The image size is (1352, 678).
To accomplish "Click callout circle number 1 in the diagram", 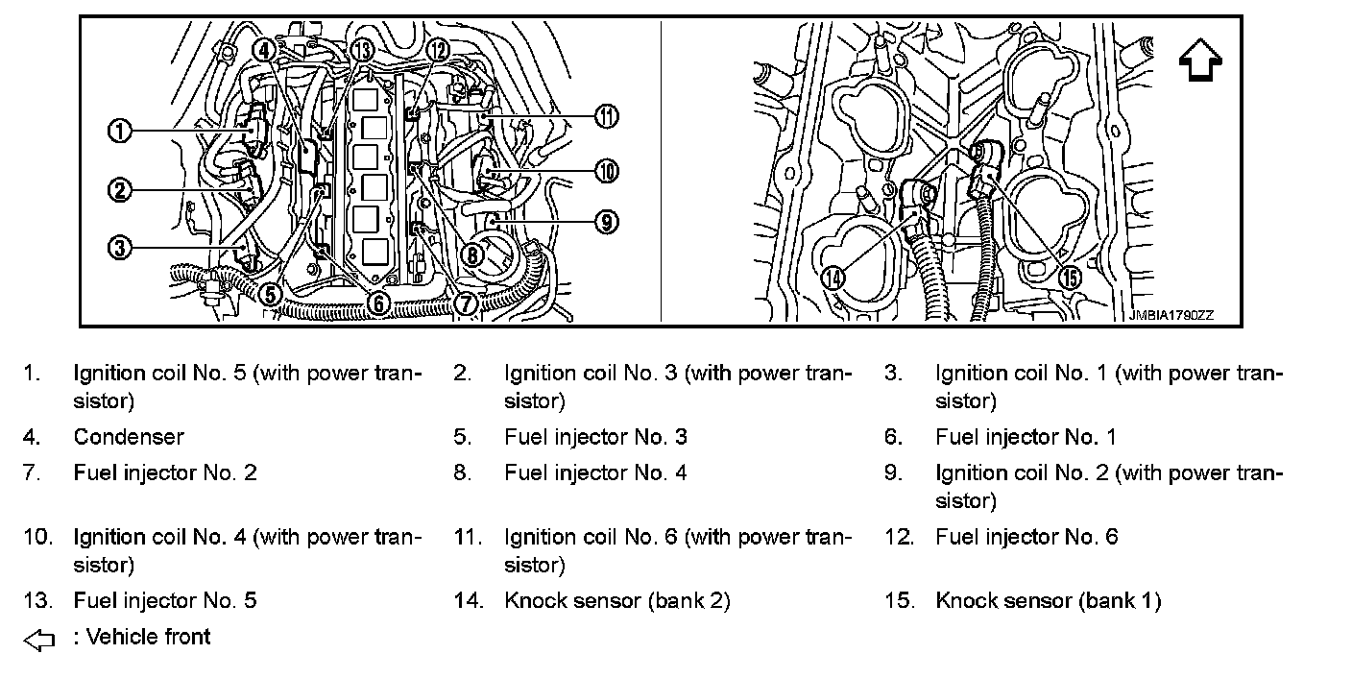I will click(x=119, y=131).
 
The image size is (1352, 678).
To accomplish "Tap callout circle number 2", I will click(x=119, y=190).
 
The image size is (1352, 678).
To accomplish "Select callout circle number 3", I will click(x=119, y=248).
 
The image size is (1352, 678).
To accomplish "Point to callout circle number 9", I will click(x=605, y=222).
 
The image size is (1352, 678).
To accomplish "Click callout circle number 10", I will click(x=606, y=172).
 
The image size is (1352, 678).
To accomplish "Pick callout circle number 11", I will click(x=606, y=117).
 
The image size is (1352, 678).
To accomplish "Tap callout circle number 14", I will click(x=833, y=278).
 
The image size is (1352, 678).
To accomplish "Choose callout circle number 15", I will click(x=1069, y=278).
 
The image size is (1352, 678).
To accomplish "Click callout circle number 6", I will click(x=377, y=303).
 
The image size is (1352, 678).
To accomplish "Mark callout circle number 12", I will click(x=437, y=49).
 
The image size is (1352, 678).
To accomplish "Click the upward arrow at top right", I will click(x=1199, y=63).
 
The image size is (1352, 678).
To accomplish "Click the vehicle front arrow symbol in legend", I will click(x=39, y=639).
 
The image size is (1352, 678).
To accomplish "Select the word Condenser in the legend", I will click(x=129, y=437).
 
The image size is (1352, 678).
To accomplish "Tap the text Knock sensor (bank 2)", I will click(x=616, y=601).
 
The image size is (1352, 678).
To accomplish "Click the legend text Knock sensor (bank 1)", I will click(x=1048, y=601).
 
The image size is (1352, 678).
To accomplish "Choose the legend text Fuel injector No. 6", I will click(x=1026, y=537).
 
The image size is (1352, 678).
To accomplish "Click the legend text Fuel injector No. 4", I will click(x=595, y=472).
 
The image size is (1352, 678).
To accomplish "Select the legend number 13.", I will click(x=36, y=601).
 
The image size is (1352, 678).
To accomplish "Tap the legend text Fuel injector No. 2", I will click(x=165, y=472).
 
